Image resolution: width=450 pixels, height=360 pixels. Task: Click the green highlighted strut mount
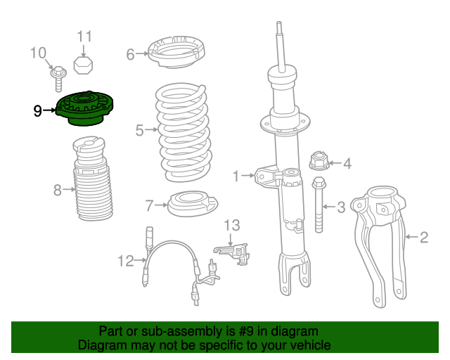tap(84, 108)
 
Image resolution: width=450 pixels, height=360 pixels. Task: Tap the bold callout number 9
tap(37, 111)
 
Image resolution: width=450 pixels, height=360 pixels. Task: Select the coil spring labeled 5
tap(184, 133)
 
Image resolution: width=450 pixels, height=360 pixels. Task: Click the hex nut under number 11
tap(83, 65)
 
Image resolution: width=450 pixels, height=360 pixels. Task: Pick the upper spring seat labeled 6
tap(176, 52)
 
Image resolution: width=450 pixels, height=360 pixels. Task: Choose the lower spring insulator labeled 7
tap(192, 203)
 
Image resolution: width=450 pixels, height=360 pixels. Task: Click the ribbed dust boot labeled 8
tap(93, 179)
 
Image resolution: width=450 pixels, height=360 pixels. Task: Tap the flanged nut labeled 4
tap(319, 161)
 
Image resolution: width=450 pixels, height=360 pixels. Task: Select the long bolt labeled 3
tap(319, 205)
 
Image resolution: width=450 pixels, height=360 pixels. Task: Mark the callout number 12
tap(126, 262)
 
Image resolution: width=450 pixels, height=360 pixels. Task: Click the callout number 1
tap(236, 176)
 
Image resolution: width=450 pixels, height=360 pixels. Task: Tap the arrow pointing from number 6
tap(142, 53)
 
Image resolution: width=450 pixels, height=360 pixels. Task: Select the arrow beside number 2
tap(411, 237)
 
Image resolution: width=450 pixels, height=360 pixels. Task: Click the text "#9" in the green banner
tap(246, 331)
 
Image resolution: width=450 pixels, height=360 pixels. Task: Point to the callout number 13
tap(231, 226)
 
